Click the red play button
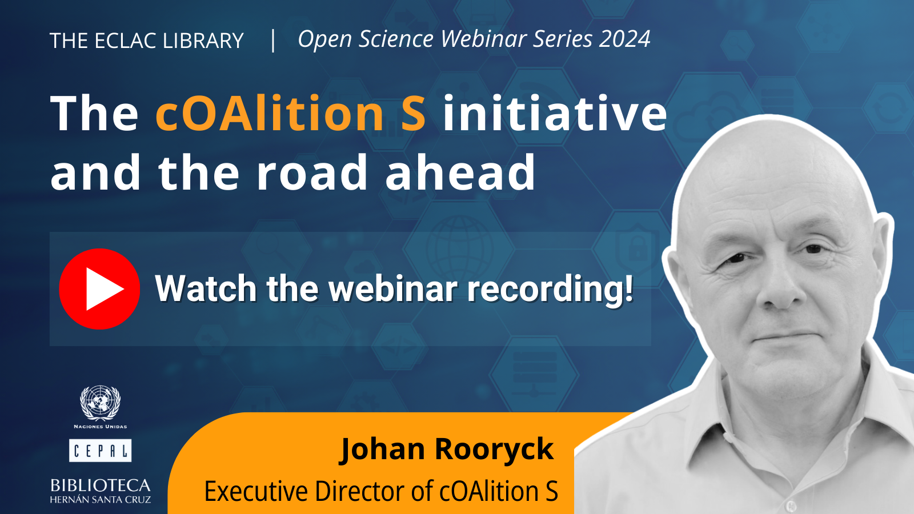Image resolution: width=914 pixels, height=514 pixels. tap(99, 289)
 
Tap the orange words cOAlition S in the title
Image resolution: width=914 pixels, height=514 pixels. tap(291, 113)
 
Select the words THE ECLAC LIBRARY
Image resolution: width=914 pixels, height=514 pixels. tap(146, 41)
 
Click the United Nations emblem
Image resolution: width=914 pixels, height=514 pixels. tap(101, 403)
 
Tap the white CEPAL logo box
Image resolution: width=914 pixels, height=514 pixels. tap(101, 451)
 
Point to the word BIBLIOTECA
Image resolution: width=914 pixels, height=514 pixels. tap(101, 485)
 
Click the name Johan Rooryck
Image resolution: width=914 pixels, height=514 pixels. tap(447, 449)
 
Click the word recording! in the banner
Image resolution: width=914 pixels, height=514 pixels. tap(551, 289)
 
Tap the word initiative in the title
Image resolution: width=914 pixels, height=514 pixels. tap(555, 113)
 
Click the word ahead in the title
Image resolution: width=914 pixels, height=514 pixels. tap(460, 172)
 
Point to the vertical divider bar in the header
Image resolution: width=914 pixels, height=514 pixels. tap(273, 41)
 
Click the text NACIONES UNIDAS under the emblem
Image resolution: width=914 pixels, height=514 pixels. tap(101, 427)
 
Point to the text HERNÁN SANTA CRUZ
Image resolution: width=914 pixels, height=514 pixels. tap(101, 500)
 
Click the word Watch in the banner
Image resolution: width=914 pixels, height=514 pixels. tap(206, 289)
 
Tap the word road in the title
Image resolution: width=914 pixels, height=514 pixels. tap(312, 172)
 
